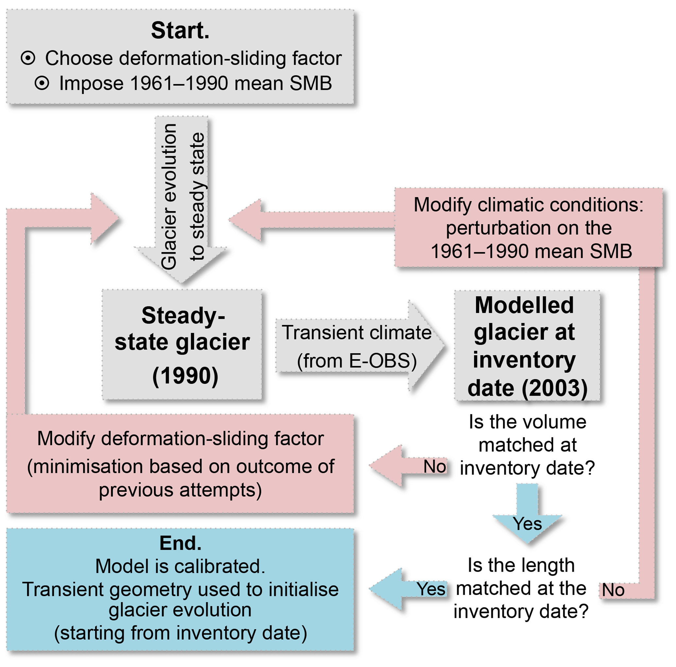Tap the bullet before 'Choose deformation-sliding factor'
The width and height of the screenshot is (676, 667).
[x=28, y=58]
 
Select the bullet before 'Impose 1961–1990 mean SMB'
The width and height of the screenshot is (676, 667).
[x=42, y=83]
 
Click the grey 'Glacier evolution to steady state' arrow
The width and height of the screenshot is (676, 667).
[x=181, y=196]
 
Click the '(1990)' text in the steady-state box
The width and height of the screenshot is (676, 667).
[x=185, y=376]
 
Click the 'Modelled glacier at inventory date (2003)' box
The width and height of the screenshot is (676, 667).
[x=527, y=346]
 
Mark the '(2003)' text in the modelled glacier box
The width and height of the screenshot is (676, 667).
[x=555, y=388]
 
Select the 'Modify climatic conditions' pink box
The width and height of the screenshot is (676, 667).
[x=529, y=228]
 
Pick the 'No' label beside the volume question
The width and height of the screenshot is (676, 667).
[x=435, y=467]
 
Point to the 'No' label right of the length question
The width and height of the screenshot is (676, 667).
[x=613, y=590]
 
